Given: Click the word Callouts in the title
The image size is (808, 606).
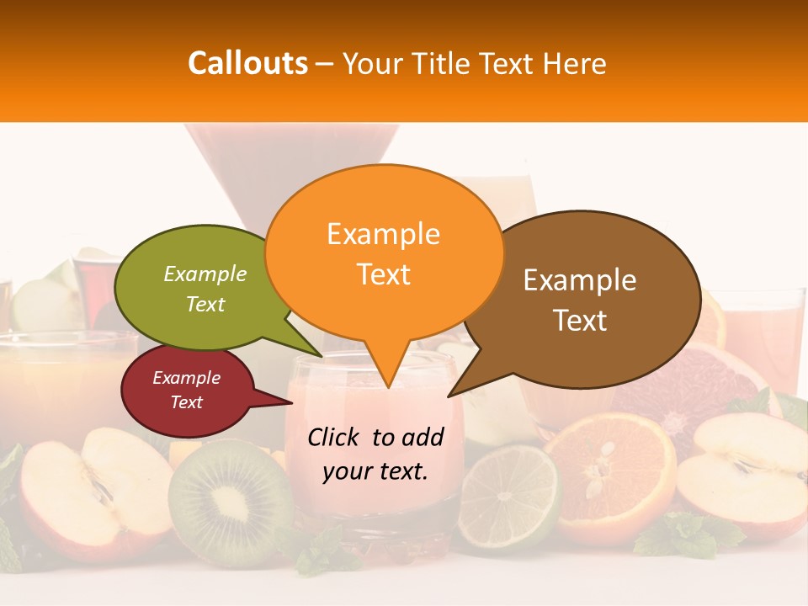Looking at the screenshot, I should [247, 63].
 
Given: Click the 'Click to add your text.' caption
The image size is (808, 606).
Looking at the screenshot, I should [375, 454].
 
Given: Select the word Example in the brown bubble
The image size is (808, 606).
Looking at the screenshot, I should [580, 280].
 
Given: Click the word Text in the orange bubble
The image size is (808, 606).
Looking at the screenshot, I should [384, 274].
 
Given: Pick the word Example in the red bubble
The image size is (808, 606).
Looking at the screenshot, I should [186, 378].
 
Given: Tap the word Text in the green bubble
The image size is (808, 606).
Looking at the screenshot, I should [205, 304].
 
